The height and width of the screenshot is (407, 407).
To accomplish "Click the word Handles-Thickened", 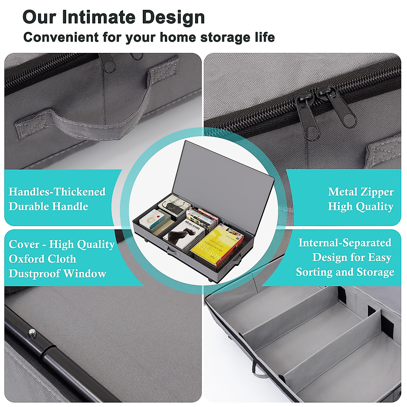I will [x=57, y=192].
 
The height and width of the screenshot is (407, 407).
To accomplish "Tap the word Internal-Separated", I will [x=345, y=243].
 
